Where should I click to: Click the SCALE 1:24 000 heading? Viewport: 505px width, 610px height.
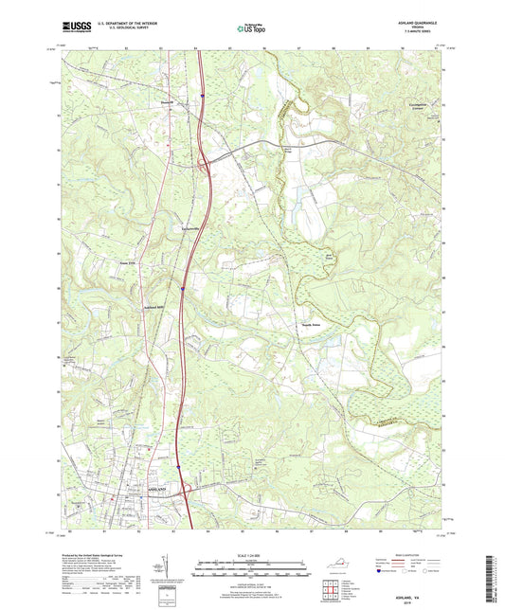[x=253, y=556]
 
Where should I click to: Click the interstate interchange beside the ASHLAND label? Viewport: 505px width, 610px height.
[x=184, y=491]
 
